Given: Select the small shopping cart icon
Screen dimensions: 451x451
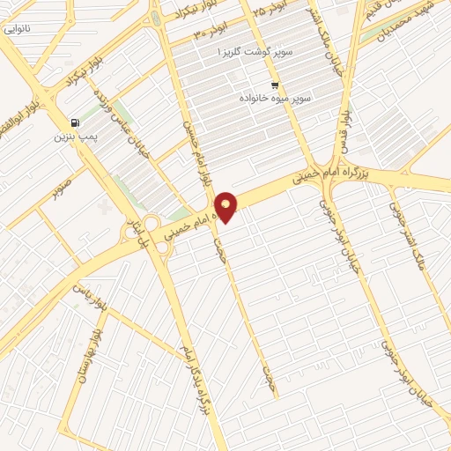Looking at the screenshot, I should tap(275, 85).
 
